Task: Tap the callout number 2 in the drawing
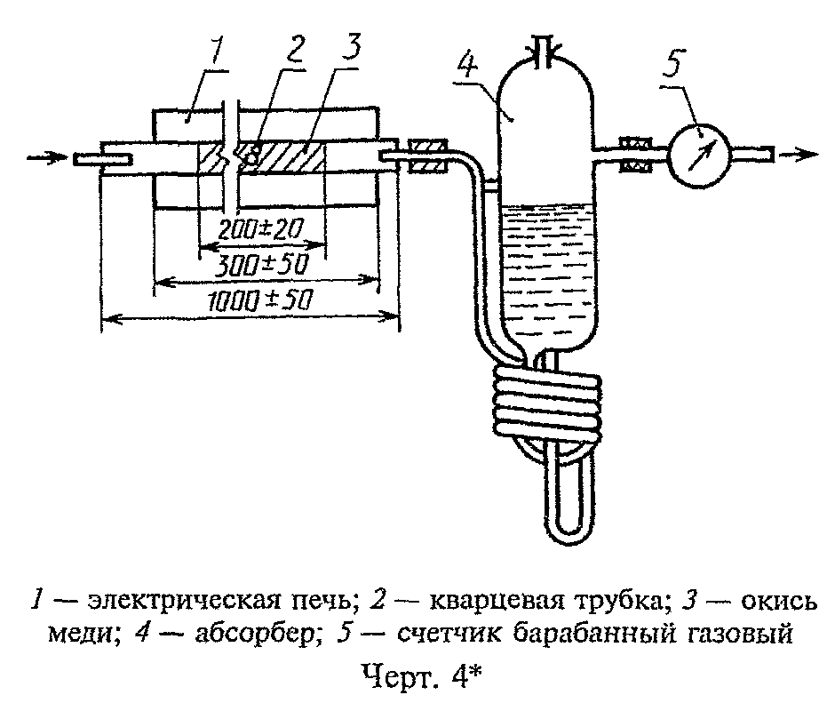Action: [x=292, y=51]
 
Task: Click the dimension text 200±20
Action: [x=260, y=229]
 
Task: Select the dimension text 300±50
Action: [x=264, y=264]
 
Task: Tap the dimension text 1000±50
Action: [x=259, y=301]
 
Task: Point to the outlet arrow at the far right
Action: [x=799, y=155]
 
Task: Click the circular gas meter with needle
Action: [x=698, y=156]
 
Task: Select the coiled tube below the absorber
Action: [x=547, y=401]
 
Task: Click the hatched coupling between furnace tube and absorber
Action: [x=427, y=156]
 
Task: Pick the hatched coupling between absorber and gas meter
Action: [x=635, y=155]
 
